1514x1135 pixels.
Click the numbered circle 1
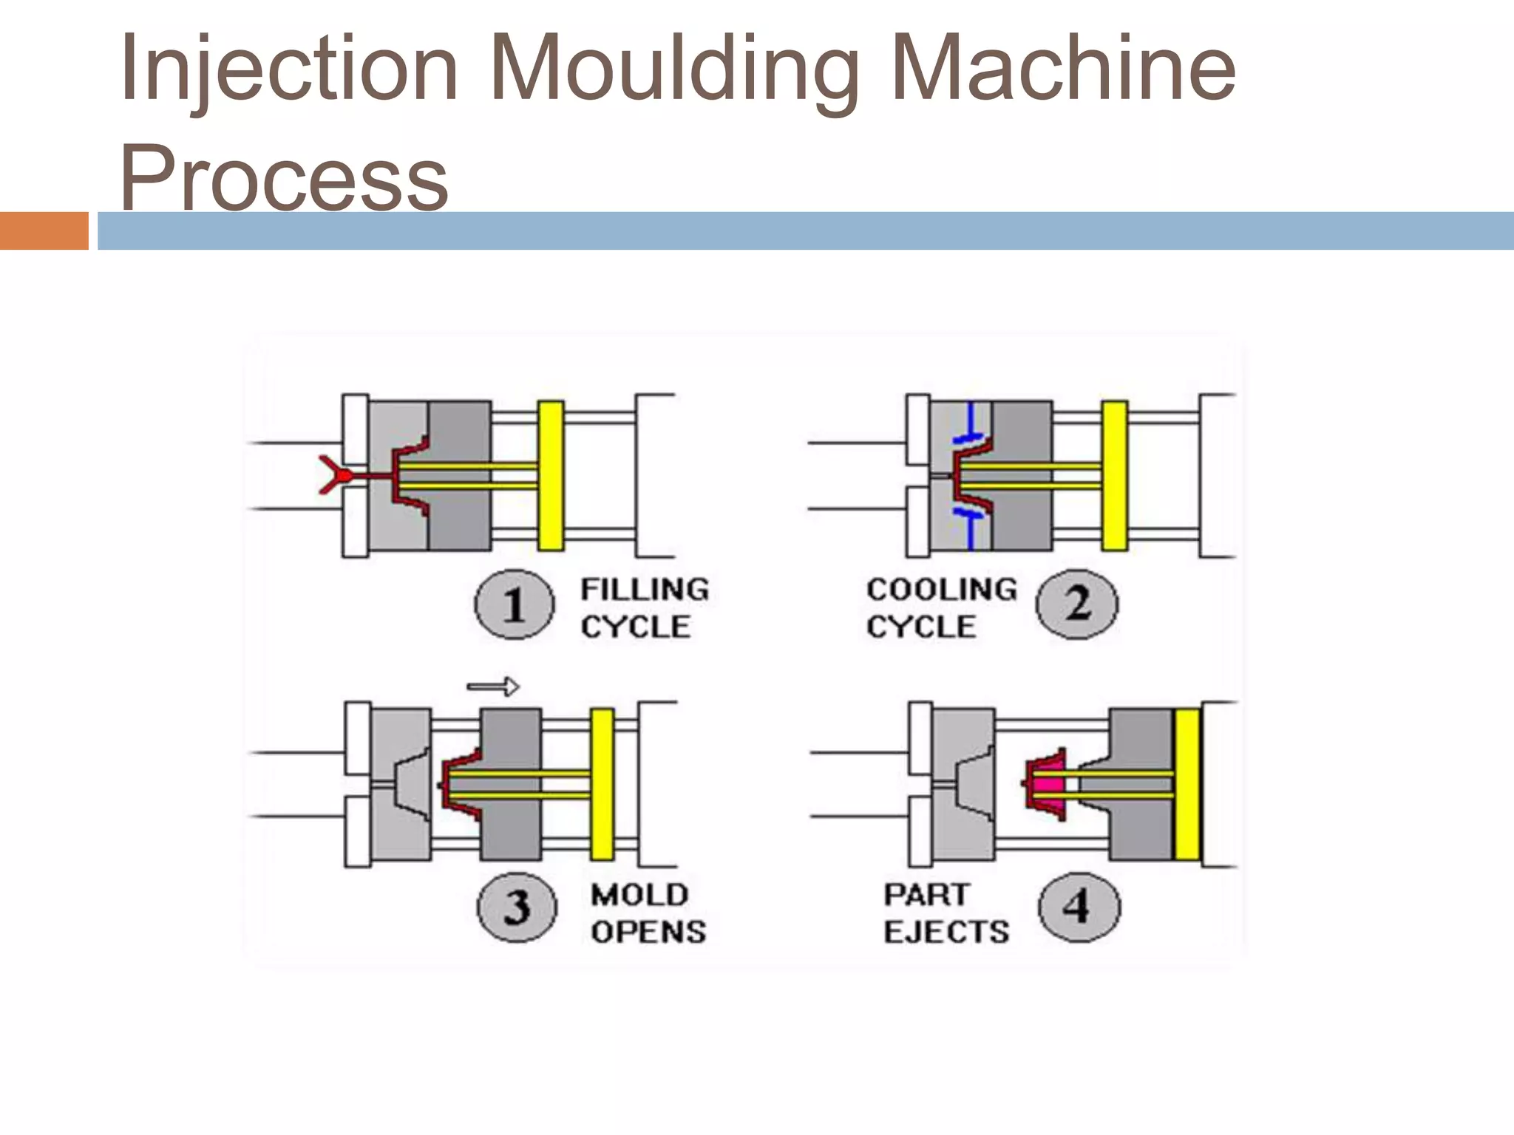(x=514, y=605)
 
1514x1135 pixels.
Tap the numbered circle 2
(x=1077, y=605)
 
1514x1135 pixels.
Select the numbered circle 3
(x=516, y=907)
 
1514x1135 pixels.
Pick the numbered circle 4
(x=1079, y=907)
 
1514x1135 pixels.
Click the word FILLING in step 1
(x=645, y=590)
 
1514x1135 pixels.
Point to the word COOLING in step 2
(x=942, y=590)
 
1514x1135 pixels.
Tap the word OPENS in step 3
(x=648, y=932)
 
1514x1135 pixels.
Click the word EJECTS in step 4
(x=946, y=932)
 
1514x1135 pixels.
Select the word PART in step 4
(x=926, y=895)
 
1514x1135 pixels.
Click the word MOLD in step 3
(x=639, y=895)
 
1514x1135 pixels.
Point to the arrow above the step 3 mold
(x=493, y=687)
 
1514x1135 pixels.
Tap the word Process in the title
(x=285, y=177)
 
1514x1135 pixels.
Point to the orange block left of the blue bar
(x=44, y=231)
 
